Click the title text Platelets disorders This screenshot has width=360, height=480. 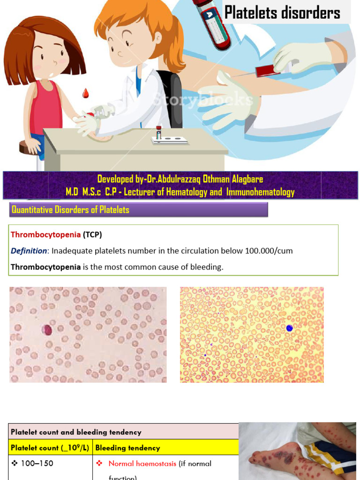coord(282,13)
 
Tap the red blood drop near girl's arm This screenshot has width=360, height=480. coord(85,93)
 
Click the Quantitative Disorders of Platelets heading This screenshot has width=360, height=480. coord(70,210)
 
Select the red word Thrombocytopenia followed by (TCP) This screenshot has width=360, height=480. coord(45,234)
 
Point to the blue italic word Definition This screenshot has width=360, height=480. coord(29,251)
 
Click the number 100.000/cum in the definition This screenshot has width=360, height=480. coord(269,251)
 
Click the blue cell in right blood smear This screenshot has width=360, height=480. coord(290,328)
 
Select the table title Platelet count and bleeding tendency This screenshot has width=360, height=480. coord(76,432)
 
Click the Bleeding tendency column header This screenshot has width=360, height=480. coord(127,448)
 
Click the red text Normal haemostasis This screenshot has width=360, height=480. coord(142,464)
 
